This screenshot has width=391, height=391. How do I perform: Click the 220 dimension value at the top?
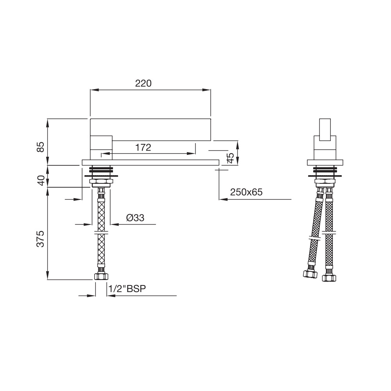(143, 83)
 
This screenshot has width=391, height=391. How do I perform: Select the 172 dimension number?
(143, 147)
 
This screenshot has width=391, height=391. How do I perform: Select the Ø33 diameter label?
(135, 218)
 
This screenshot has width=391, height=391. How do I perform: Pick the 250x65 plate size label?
(246, 192)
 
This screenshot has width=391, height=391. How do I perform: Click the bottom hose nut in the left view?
(101, 277)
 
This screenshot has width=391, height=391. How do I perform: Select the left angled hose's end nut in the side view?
(310, 274)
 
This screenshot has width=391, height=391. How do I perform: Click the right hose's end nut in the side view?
(329, 278)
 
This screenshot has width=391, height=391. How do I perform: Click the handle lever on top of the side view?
(325, 129)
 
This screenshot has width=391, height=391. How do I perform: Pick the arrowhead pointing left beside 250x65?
(223, 199)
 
